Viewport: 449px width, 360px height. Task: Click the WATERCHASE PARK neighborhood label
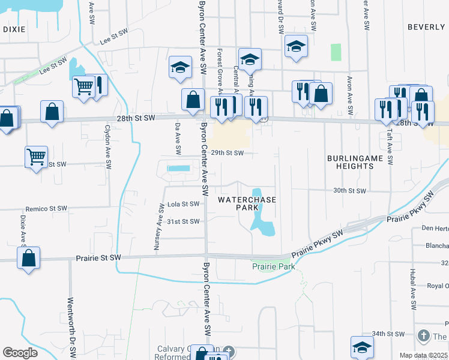point(247,203)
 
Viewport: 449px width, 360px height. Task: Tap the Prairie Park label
point(273,266)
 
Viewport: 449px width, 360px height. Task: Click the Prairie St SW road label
point(98,257)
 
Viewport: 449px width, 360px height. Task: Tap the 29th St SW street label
point(228,153)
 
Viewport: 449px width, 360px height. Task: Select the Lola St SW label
point(182,204)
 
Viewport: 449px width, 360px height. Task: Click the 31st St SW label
point(182,221)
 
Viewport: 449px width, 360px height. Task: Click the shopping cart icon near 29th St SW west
point(37,157)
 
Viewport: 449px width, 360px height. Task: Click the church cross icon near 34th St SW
point(423,336)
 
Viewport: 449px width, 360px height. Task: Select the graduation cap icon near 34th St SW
point(362,347)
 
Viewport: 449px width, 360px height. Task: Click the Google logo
point(20,353)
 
